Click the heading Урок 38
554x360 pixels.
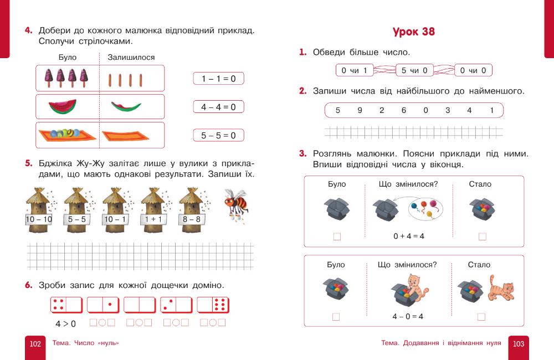(413, 32)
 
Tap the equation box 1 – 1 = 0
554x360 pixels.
(218, 79)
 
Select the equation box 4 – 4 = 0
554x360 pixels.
(218, 107)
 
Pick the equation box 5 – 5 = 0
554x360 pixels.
(218, 135)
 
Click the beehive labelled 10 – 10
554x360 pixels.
(39, 210)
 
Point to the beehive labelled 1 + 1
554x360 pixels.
(153, 210)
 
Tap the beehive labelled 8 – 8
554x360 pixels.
(192, 210)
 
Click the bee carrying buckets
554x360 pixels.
(236, 205)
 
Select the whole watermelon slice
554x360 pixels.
(63, 106)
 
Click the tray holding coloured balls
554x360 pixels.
(67, 135)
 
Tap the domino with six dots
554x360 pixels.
(213, 305)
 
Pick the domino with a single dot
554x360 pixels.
(103, 305)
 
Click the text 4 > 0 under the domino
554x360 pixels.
(65, 323)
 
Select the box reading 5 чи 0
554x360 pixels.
(414, 70)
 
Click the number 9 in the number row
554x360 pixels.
(360, 110)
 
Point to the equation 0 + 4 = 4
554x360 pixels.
(409, 236)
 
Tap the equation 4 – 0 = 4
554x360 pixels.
(408, 316)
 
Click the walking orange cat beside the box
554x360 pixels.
(501, 287)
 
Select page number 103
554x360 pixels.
(519, 344)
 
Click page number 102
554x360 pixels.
(35, 344)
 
